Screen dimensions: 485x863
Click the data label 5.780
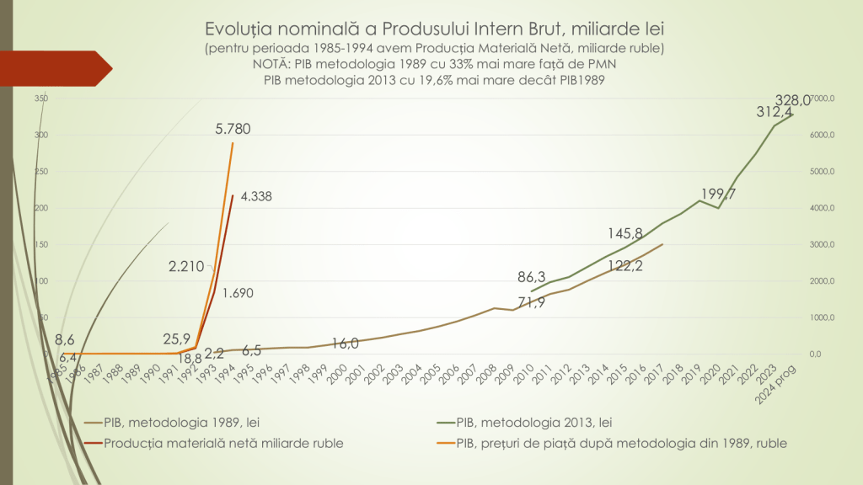[x=233, y=129]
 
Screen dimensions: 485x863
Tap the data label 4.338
[x=256, y=196]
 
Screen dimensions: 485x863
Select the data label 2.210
[x=186, y=267]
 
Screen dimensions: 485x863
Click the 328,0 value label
[x=795, y=99]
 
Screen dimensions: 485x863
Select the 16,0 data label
[x=346, y=343]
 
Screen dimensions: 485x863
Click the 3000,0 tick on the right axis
[x=819, y=244]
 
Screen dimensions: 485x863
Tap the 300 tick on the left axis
[x=41, y=135]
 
